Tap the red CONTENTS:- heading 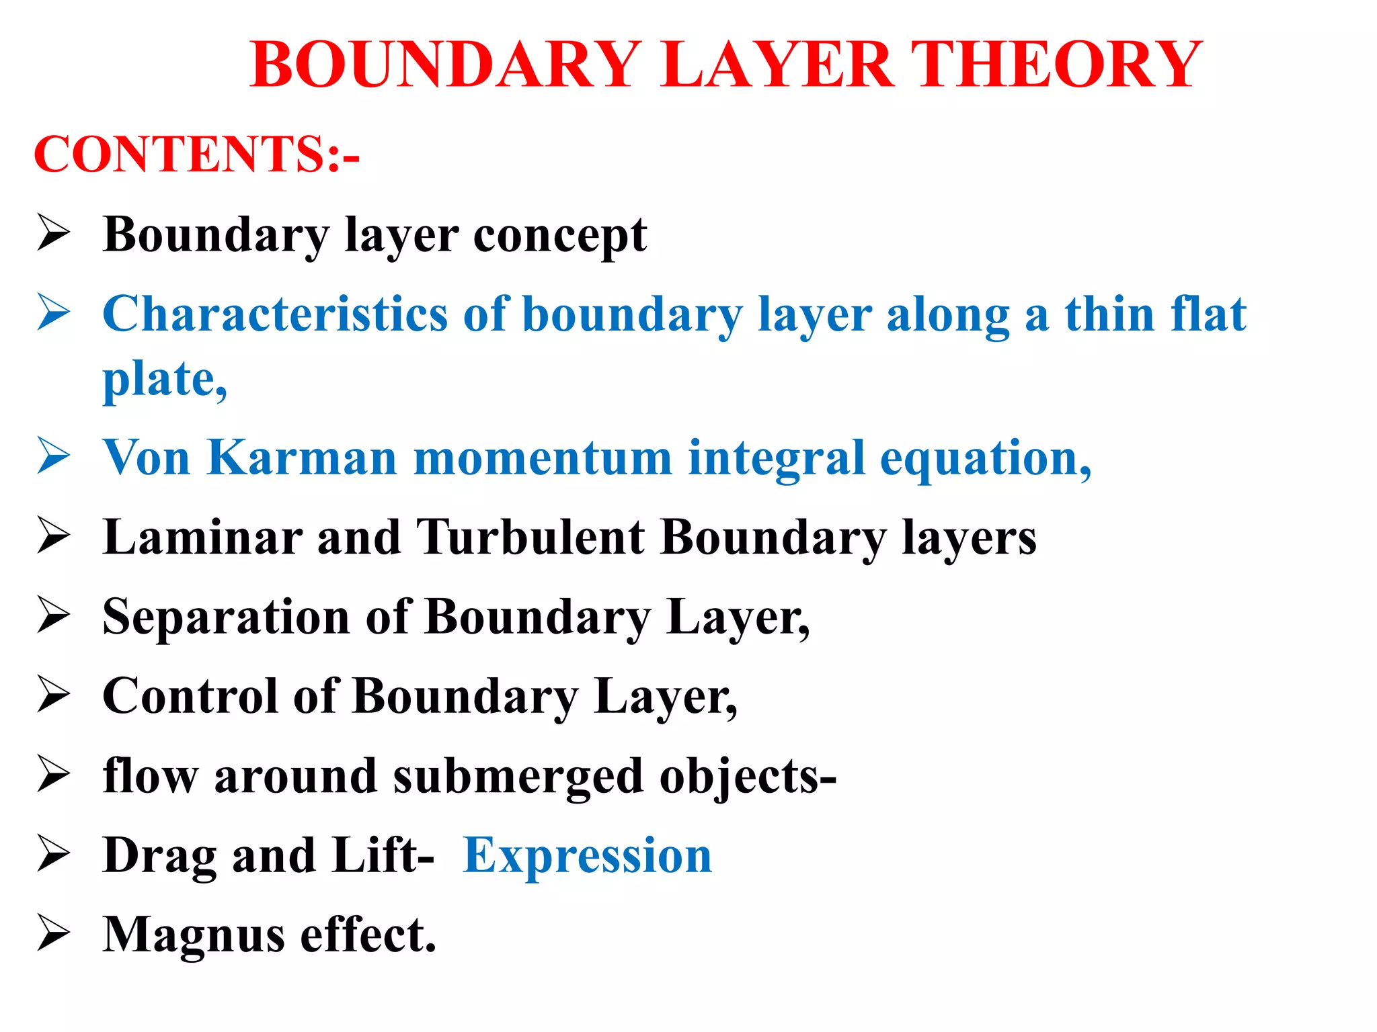(196, 154)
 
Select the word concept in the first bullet (560, 236)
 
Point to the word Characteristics (275, 314)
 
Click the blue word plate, (165, 380)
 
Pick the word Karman (302, 458)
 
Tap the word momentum (543, 458)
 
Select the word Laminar (202, 537)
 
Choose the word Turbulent (530, 537)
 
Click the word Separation (226, 617)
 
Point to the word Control (190, 696)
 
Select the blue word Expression (588, 856)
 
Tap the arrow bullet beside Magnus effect (54, 933)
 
